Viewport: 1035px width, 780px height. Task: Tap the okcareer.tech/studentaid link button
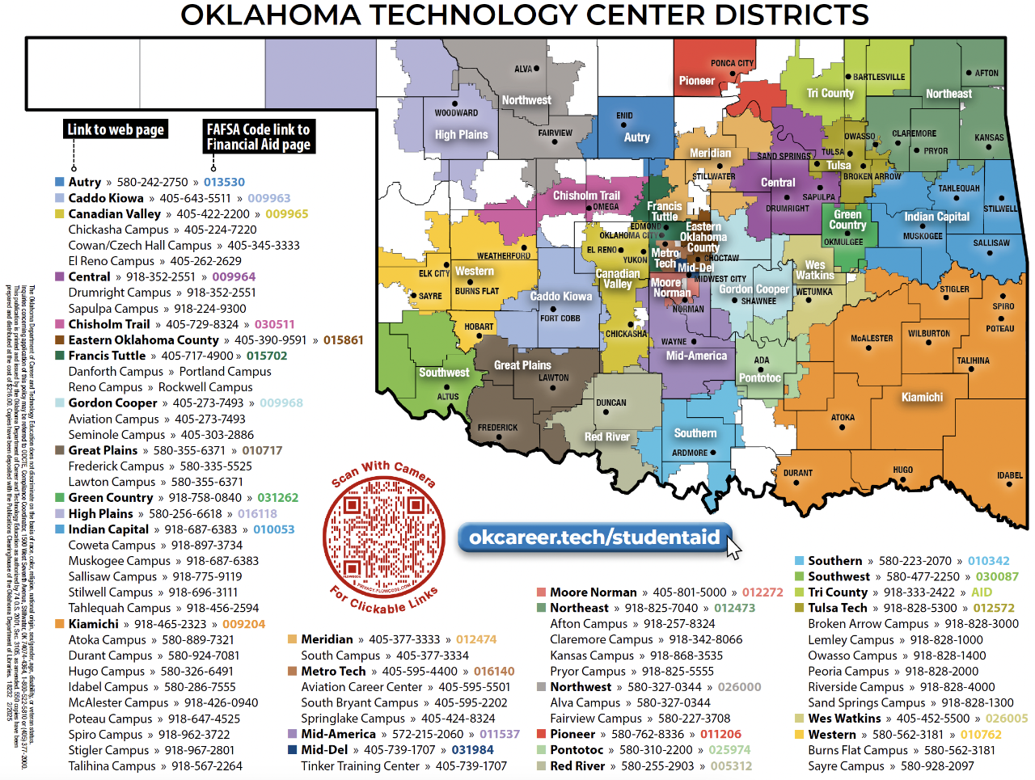click(594, 538)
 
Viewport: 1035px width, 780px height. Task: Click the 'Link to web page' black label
click(116, 129)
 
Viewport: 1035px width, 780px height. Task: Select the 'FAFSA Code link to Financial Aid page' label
click(258, 137)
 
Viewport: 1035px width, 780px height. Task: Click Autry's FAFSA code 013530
click(224, 183)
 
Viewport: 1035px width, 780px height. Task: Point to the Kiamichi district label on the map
click(922, 397)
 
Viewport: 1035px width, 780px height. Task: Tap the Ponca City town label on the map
click(732, 63)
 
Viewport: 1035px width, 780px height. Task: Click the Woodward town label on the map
click(456, 113)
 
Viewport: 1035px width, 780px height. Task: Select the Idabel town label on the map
click(1009, 476)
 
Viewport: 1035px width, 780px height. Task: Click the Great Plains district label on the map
click(522, 365)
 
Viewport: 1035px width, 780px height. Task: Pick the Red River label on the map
click(606, 436)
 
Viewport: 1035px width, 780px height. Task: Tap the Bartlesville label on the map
click(879, 78)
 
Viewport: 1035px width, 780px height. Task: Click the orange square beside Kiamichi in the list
click(60, 624)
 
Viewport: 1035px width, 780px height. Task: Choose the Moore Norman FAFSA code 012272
click(763, 592)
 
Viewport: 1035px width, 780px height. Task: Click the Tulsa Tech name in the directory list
click(837, 608)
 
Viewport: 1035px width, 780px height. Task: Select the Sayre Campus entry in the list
click(846, 765)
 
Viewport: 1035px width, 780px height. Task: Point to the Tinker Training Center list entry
click(360, 765)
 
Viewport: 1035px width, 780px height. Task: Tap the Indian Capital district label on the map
click(936, 217)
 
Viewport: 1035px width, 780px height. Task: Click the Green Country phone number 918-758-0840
click(205, 498)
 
